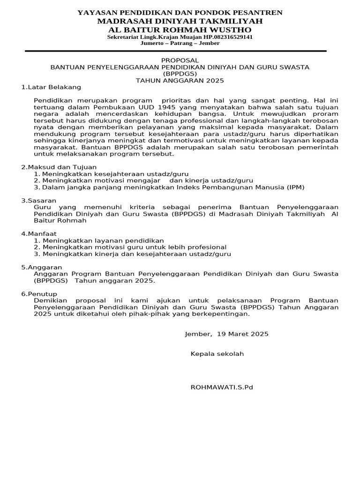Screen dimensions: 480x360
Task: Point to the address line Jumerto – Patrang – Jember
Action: (x=180, y=43)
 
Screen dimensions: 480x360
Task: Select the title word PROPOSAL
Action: (x=180, y=60)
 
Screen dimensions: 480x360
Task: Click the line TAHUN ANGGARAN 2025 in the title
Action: (x=180, y=80)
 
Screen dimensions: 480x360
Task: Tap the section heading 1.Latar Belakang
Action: (x=51, y=87)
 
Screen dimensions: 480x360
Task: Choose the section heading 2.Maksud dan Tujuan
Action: (x=59, y=167)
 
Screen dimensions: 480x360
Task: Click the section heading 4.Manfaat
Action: (x=39, y=233)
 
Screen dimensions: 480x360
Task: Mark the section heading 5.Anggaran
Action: (x=42, y=267)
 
